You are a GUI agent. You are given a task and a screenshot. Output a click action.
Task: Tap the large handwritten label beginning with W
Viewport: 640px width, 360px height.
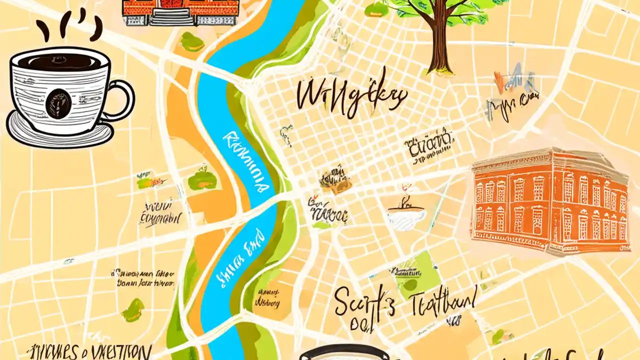pyautogui.click(x=350, y=95)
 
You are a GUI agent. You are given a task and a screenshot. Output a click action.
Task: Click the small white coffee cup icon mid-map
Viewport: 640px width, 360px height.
pyautogui.click(x=406, y=216)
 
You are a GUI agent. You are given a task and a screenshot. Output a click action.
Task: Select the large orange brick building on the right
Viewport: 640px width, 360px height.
pyautogui.click(x=550, y=200)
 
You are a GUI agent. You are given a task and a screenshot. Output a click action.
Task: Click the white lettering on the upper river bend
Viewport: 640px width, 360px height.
pyautogui.click(x=245, y=162)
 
